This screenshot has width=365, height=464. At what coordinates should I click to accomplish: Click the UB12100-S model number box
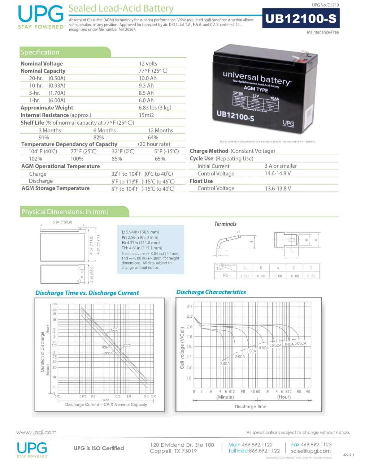(301, 19)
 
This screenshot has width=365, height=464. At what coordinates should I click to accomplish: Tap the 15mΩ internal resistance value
(146, 115)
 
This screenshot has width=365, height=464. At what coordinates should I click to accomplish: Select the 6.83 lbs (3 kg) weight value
(155, 108)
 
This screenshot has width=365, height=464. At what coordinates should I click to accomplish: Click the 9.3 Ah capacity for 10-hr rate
(146, 86)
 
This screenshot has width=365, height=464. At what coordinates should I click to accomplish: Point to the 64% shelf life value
(153, 137)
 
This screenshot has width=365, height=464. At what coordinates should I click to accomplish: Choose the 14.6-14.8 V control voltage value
(278, 173)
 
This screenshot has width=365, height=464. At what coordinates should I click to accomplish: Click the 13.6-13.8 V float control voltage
(278, 188)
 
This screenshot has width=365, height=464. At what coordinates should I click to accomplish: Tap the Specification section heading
(40, 52)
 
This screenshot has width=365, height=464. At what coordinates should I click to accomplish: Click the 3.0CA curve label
(225, 363)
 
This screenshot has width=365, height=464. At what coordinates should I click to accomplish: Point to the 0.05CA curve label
(300, 343)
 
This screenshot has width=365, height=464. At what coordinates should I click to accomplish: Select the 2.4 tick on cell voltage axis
(190, 307)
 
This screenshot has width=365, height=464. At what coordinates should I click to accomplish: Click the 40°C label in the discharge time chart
(114, 329)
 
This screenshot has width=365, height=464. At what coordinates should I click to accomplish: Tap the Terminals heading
(225, 224)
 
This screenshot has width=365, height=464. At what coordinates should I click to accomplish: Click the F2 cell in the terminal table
(225, 275)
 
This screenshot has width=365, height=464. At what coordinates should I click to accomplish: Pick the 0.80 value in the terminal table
(311, 276)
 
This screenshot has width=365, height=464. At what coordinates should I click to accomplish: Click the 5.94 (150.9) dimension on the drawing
(62, 222)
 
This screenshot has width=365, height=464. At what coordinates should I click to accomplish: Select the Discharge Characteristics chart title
(211, 292)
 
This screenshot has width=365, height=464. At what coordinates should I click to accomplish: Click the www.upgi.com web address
(37, 432)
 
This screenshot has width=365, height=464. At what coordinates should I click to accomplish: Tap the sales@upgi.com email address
(311, 451)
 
